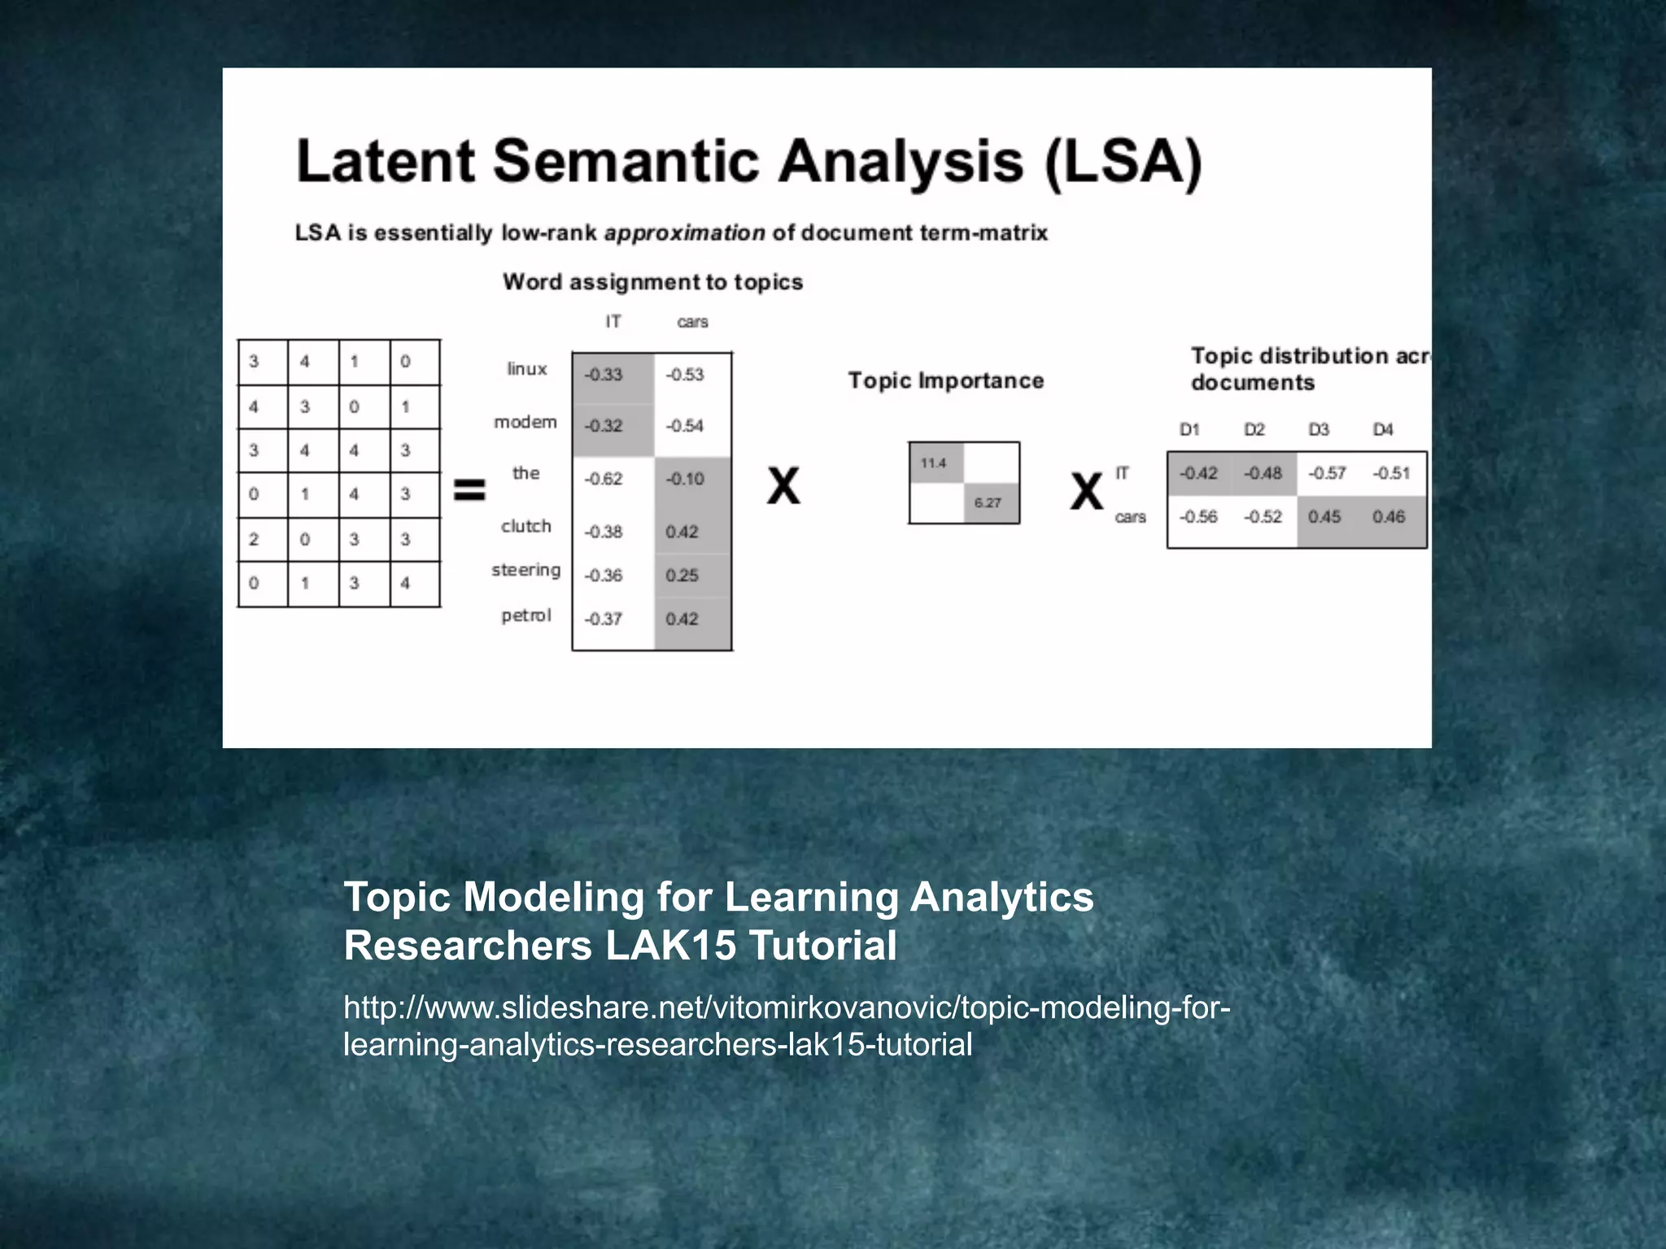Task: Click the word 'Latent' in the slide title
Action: click(x=386, y=161)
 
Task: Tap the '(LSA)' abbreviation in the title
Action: click(x=1123, y=163)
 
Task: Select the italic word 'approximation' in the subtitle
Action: click(x=684, y=233)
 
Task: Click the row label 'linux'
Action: click(x=526, y=369)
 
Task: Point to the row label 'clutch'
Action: click(x=526, y=526)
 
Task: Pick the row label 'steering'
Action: click(x=526, y=570)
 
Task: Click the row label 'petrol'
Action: click(x=526, y=616)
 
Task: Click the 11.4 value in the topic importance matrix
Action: click(x=933, y=463)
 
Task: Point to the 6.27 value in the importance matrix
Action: click(x=988, y=503)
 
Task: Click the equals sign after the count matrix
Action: click(x=469, y=490)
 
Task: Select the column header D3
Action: click(x=1319, y=429)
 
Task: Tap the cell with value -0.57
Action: click(x=1327, y=473)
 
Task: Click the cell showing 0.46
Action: click(x=1389, y=517)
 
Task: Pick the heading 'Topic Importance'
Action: click(x=945, y=381)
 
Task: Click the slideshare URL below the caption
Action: click(x=786, y=1025)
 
